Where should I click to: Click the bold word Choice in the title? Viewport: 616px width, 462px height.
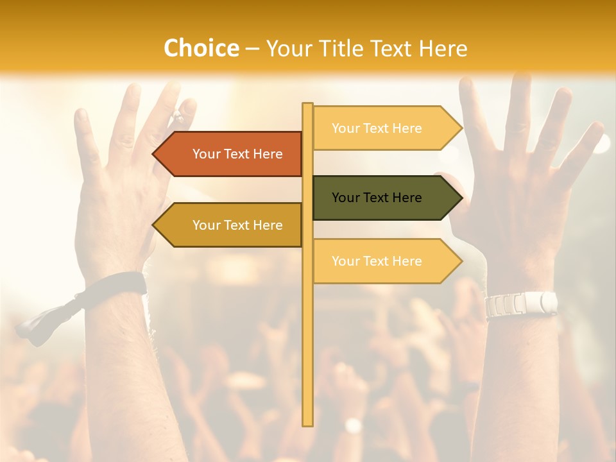click(x=201, y=48)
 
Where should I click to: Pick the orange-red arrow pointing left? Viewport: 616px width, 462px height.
click(x=231, y=154)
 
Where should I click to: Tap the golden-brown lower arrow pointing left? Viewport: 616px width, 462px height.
click(x=231, y=225)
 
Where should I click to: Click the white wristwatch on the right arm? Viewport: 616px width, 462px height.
click(x=521, y=304)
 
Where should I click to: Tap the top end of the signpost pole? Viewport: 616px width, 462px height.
click(x=307, y=105)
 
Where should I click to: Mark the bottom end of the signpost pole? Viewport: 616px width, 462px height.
click(x=307, y=424)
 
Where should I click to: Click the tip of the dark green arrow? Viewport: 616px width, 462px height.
click(x=461, y=198)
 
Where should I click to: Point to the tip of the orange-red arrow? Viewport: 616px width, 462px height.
click(x=154, y=154)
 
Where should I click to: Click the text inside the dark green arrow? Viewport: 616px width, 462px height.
click(x=377, y=198)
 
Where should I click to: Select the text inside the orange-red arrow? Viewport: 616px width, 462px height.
click(x=237, y=154)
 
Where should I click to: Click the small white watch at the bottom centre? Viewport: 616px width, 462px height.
click(x=353, y=425)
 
